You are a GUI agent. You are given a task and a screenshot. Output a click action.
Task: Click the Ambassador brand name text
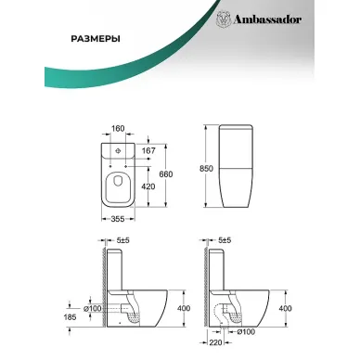267,19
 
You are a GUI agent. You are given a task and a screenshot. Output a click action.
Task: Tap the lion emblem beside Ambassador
224,19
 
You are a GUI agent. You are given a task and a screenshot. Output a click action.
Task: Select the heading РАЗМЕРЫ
96,39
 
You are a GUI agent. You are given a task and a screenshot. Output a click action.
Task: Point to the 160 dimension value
118,128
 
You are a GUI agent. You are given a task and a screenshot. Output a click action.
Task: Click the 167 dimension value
148,151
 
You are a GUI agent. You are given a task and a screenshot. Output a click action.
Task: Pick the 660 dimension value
166,174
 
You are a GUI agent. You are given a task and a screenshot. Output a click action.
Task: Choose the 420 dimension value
148,186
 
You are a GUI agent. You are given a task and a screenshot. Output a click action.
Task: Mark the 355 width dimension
118,219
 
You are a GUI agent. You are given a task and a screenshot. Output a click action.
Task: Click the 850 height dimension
206,169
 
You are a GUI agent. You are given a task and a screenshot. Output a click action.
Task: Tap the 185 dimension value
70,317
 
